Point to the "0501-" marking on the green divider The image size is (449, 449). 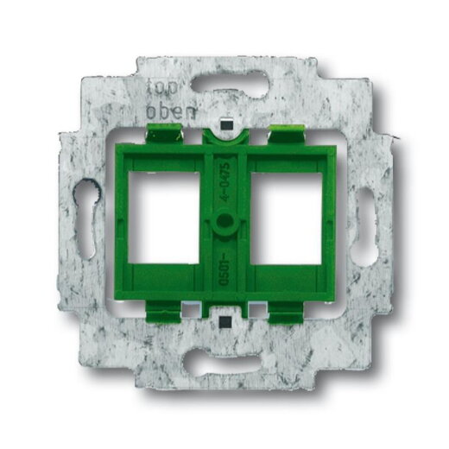point(224,273)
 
